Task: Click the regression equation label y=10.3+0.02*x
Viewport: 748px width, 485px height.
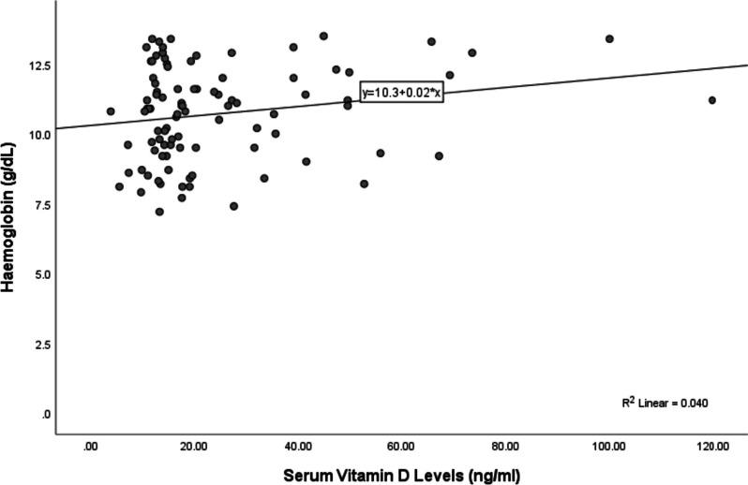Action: tap(401, 93)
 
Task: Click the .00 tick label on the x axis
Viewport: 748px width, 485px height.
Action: tap(91, 447)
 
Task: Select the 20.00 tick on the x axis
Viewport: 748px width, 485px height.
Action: tap(193, 447)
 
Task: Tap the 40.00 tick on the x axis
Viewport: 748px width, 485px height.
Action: tap(297, 447)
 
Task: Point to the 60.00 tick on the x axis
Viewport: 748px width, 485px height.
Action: tap(401, 447)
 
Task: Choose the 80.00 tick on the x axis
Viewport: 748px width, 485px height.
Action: tap(505, 447)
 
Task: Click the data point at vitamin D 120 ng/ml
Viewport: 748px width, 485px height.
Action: tap(712, 100)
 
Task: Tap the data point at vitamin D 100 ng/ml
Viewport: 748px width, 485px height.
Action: tap(609, 38)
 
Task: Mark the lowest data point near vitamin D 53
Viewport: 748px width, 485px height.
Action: tap(364, 184)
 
